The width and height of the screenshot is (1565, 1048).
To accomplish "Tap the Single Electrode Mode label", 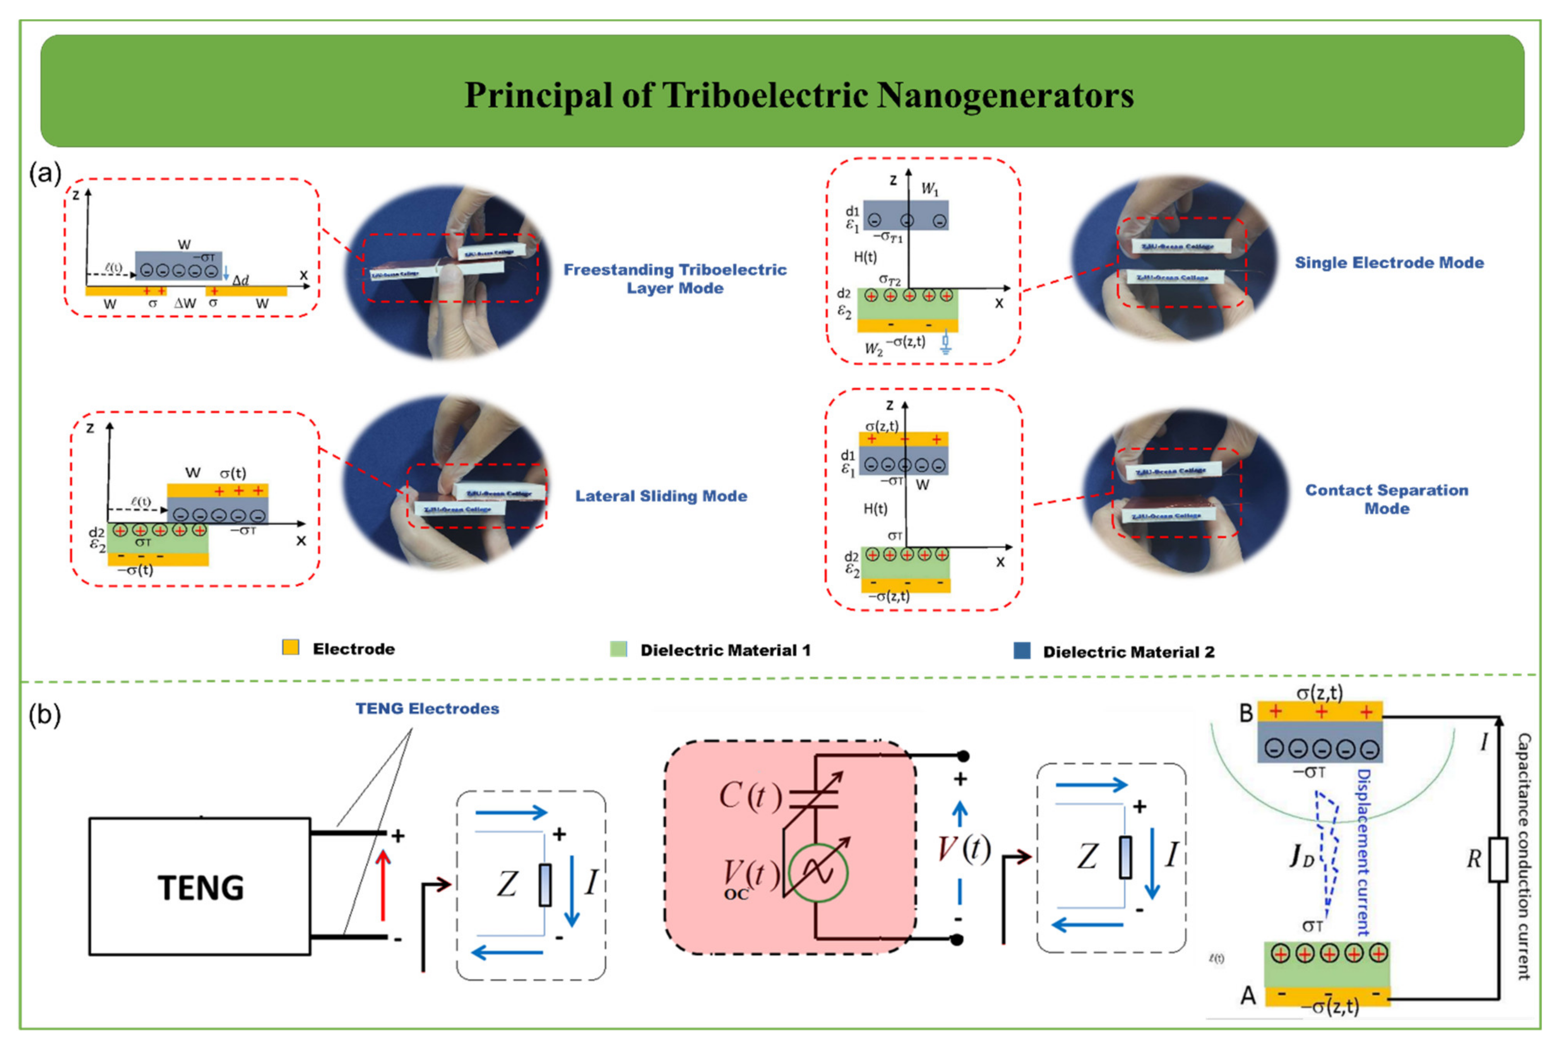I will [x=1389, y=263].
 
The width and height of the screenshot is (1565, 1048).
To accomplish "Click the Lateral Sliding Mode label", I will [x=661, y=496].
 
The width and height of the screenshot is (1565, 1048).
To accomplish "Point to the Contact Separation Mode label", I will [x=1387, y=498].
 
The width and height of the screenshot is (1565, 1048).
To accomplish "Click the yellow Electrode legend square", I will [x=291, y=647].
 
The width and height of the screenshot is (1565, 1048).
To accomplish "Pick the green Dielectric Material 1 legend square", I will [x=618, y=649].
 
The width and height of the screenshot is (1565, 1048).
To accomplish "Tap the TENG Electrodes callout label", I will [x=427, y=709].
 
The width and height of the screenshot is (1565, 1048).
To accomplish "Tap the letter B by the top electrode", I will [x=1246, y=713].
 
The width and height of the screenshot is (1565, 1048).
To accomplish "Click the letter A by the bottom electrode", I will [x=1248, y=996].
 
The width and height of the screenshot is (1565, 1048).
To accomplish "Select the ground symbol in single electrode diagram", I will [x=945, y=344].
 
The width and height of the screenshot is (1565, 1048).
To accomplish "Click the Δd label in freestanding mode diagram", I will [x=241, y=280].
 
